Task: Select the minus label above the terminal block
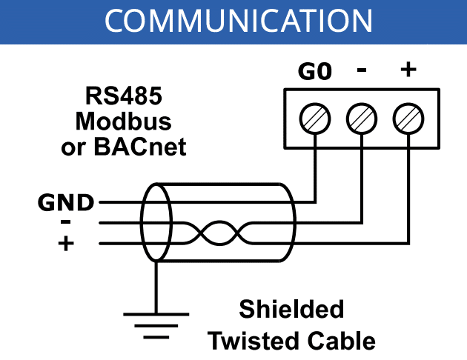pyautogui.click(x=362, y=70)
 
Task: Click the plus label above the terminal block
pyautogui.click(x=408, y=70)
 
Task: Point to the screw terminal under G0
pyautogui.click(x=315, y=118)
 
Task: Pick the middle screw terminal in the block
pyautogui.click(x=362, y=118)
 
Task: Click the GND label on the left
pyautogui.click(x=66, y=201)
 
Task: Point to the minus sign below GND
pyautogui.click(x=65, y=221)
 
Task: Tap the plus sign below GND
pyautogui.click(x=67, y=241)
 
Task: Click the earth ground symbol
pyautogui.click(x=156, y=323)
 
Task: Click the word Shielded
pyautogui.click(x=291, y=309)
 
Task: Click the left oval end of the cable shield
pyautogui.click(x=156, y=222)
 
